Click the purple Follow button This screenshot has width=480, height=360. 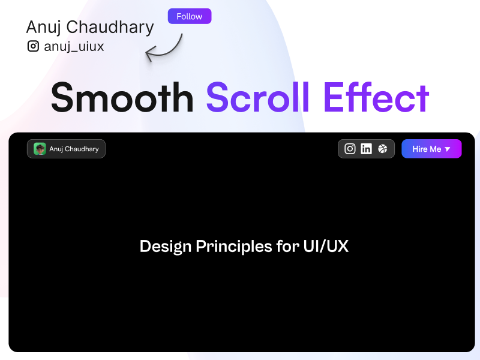tap(189, 16)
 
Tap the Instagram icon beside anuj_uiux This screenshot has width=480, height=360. tap(34, 46)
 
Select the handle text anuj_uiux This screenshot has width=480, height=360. tap(74, 46)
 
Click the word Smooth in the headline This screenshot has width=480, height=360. tap(122, 97)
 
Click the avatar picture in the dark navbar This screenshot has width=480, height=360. tap(40, 149)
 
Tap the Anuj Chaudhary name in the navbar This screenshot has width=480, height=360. tap(74, 149)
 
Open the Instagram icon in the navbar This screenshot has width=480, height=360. tap(350, 149)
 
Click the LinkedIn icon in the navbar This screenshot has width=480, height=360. tap(366, 149)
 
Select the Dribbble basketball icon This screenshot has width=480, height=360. tap(383, 149)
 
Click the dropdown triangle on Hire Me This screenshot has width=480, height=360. tap(448, 149)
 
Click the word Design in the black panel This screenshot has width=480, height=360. tap(166, 247)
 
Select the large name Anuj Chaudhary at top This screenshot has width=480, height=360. tap(90, 27)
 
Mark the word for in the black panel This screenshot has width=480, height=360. tap(284, 247)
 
